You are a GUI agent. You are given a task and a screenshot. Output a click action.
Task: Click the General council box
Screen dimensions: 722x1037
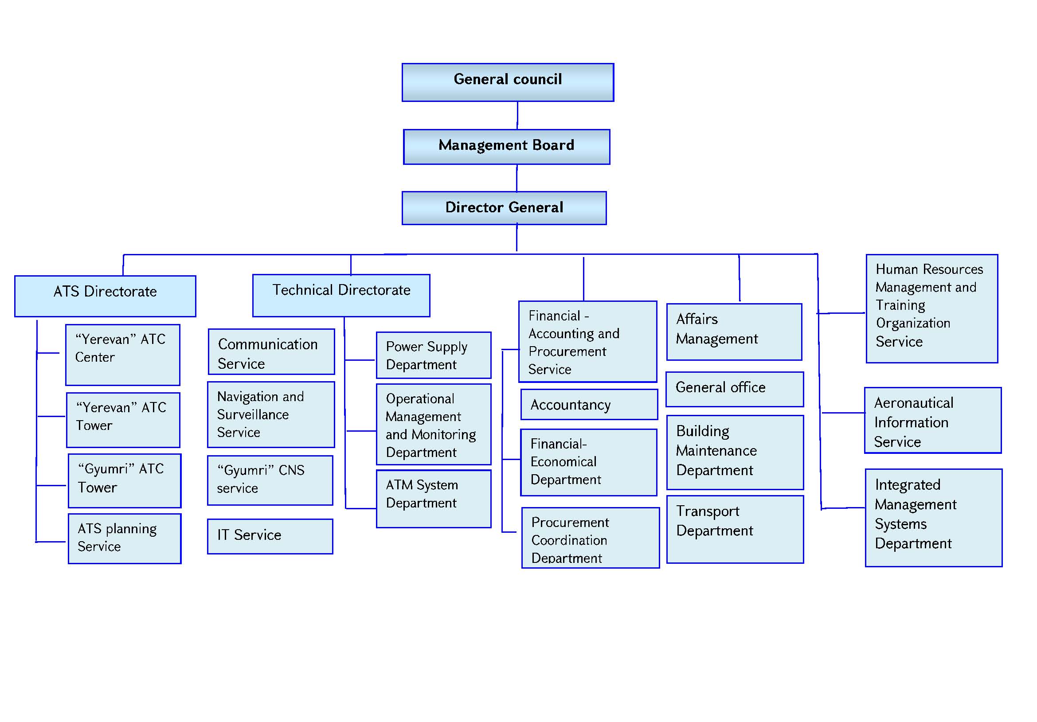click(x=508, y=82)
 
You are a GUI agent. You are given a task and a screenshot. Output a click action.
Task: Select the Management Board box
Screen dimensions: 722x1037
click(x=506, y=147)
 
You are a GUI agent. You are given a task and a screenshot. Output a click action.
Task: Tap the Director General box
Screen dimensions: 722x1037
click(x=504, y=208)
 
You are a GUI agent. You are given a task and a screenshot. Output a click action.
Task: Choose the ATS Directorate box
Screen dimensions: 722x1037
click(x=105, y=296)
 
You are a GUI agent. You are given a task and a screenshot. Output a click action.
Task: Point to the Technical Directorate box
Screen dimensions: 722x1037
click(x=341, y=295)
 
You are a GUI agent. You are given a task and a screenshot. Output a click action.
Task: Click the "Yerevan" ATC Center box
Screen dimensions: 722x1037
click(x=122, y=355)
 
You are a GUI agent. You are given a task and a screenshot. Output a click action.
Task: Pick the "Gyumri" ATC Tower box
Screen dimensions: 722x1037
click(x=124, y=480)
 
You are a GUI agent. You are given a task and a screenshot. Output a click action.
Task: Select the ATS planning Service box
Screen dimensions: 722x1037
click(x=124, y=538)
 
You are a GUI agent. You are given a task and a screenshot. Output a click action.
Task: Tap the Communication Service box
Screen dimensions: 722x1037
click(x=271, y=351)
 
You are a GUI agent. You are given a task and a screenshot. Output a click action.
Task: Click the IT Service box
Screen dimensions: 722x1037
click(x=270, y=536)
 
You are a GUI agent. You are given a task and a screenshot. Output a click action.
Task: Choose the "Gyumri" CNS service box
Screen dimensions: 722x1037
click(x=270, y=480)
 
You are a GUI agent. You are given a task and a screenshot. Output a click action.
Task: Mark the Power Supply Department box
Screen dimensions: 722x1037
click(x=433, y=355)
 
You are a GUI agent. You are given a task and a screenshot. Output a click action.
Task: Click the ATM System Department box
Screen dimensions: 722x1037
click(x=433, y=499)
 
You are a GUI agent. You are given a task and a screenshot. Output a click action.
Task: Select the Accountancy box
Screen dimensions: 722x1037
click(x=588, y=404)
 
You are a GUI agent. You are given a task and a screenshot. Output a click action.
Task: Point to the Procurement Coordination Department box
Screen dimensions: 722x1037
click(x=590, y=537)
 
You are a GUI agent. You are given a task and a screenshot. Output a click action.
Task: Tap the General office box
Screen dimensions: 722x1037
click(x=734, y=389)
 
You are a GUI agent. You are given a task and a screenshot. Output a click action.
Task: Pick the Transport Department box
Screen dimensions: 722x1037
click(x=735, y=529)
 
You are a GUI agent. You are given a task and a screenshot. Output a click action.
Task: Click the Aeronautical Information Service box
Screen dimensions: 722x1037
click(x=933, y=420)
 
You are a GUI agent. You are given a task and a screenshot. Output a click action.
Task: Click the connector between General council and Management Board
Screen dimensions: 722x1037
click(x=517, y=115)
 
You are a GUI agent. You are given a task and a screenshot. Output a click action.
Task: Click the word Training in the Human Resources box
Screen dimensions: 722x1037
click(x=900, y=305)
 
